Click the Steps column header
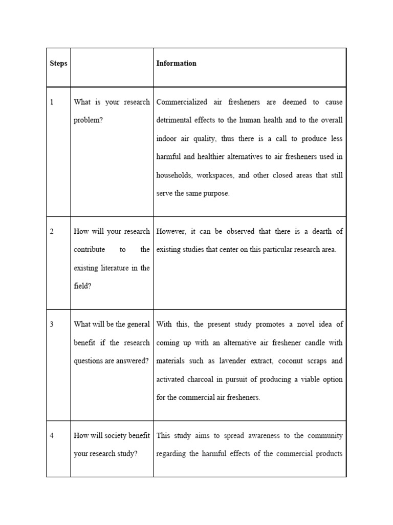click(x=58, y=64)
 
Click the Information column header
click(x=176, y=64)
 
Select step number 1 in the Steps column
click(x=52, y=102)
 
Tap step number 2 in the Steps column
click(x=52, y=232)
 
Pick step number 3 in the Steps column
click(x=52, y=324)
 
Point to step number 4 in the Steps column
click(x=52, y=436)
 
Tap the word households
click(x=174, y=175)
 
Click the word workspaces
click(x=214, y=175)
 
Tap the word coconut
click(x=292, y=361)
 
